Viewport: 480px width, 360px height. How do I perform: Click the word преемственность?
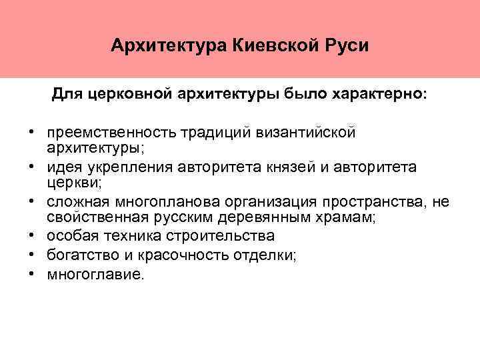point(109,132)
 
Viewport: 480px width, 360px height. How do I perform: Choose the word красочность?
point(176,253)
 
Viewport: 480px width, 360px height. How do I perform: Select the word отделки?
point(265,253)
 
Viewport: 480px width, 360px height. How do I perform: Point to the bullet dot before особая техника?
point(31,236)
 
